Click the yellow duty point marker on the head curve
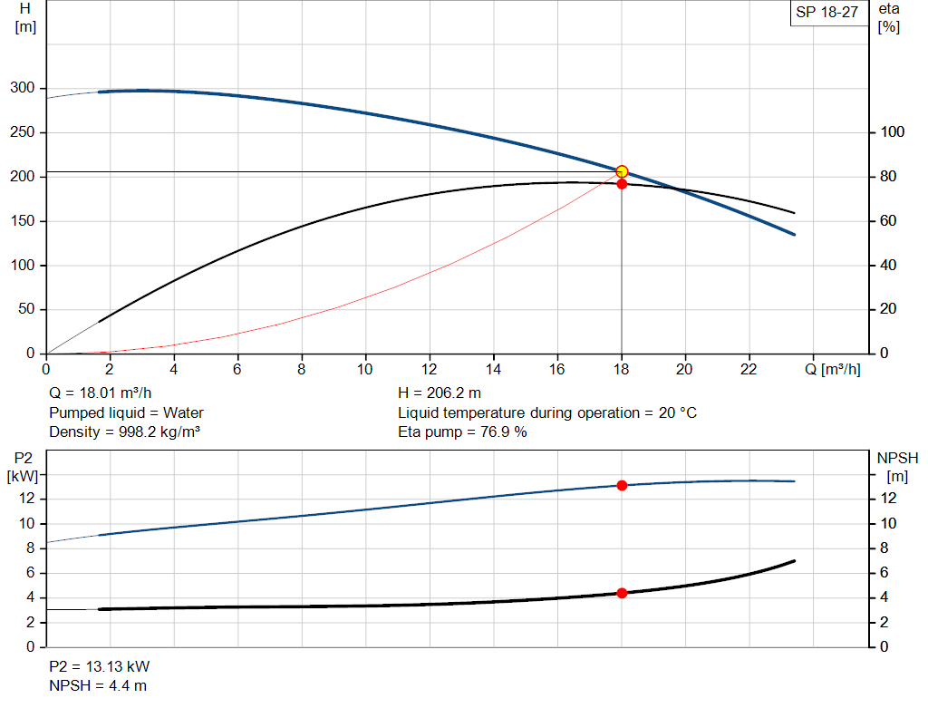click(622, 171)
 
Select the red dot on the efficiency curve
click(622, 184)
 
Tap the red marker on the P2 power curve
click(622, 485)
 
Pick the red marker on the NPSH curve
click(622, 593)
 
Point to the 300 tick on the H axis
click(23, 88)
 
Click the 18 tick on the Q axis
click(622, 369)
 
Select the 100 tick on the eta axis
click(893, 132)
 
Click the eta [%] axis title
click(888, 17)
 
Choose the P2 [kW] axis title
click(20, 466)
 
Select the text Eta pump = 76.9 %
click(462, 432)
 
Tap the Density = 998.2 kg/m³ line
click(124, 432)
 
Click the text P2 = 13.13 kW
click(99, 666)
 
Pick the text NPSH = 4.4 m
click(98, 685)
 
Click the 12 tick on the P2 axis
click(26, 498)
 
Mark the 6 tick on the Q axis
click(237, 369)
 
